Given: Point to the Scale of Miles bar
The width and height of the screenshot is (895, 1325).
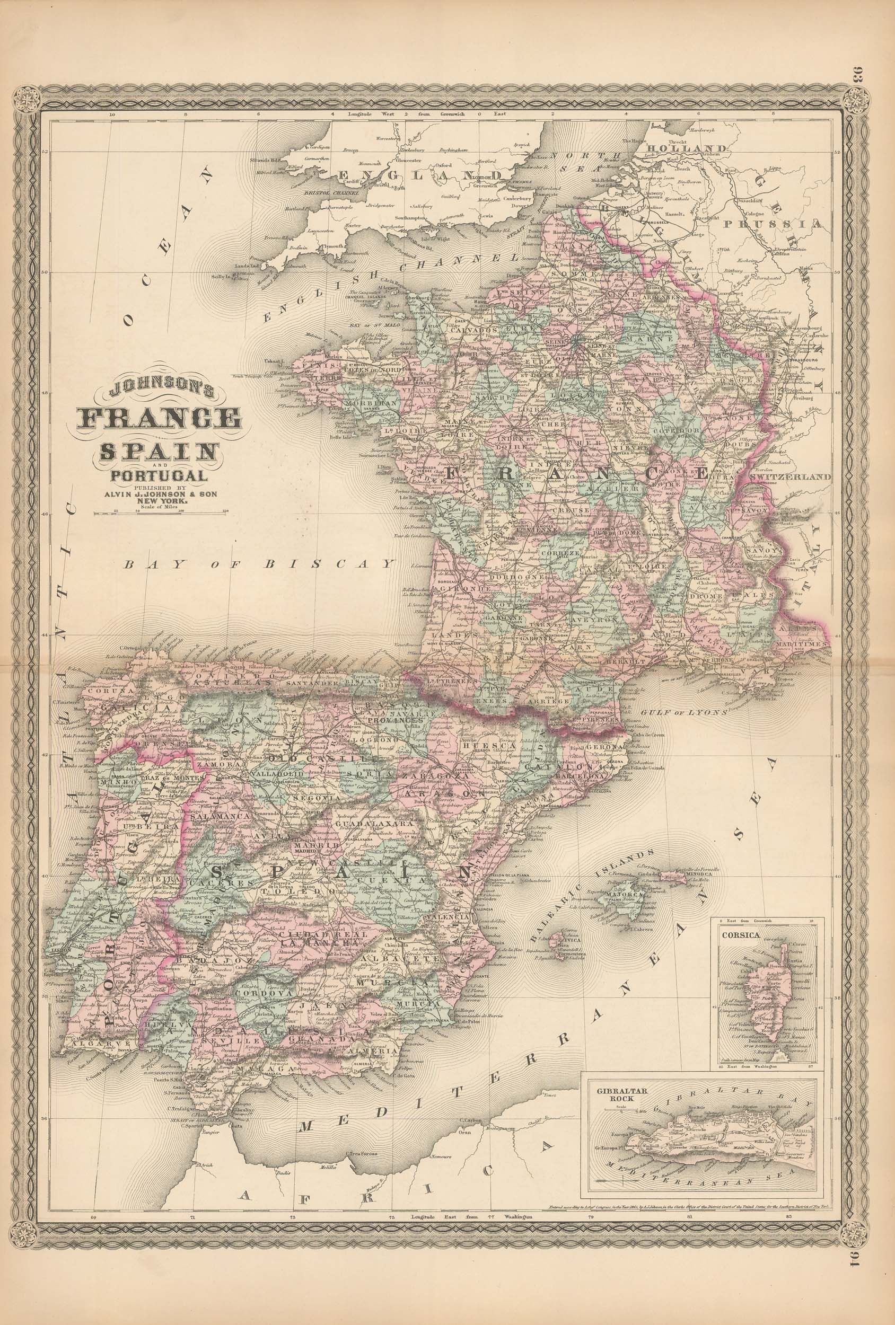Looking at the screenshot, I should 160,513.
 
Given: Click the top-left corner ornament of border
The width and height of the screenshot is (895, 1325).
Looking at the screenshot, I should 27,98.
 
